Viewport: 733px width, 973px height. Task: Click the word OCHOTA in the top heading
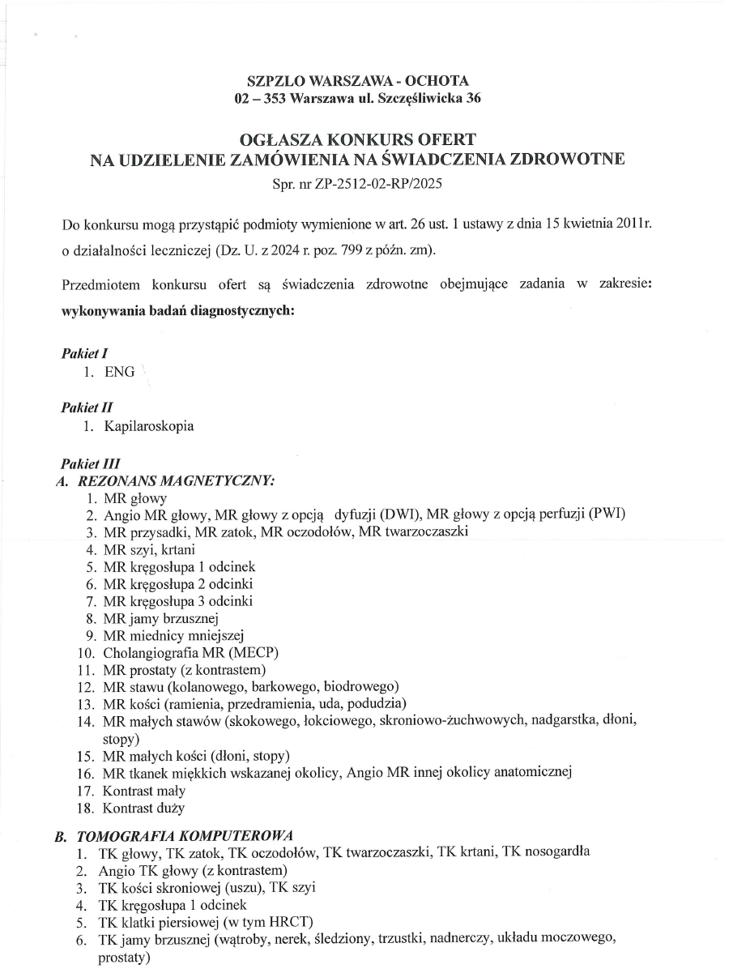[436, 81]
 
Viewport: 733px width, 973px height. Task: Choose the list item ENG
[119, 373]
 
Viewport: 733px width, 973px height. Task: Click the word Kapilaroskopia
[149, 426]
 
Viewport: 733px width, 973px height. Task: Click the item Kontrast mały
[144, 791]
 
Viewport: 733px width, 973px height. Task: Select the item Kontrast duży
[143, 808]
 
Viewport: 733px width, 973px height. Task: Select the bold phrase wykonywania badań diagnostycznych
[178, 310]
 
